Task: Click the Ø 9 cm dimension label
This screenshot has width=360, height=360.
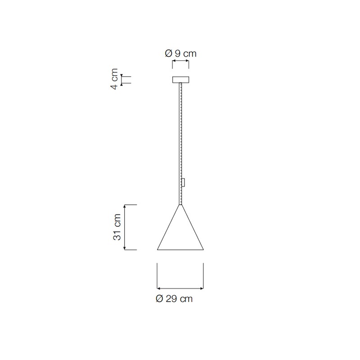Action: [181, 54]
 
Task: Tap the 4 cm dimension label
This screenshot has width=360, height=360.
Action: [114, 79]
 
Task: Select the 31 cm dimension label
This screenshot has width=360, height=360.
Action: [117, 227]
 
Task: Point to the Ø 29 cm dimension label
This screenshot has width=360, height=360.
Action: [174, 299]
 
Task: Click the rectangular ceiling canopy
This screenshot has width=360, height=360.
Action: [181, 80]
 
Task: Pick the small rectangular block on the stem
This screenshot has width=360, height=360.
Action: [183, 182]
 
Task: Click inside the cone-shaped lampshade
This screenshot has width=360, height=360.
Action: [180, 237]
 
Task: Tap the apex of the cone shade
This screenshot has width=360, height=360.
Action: [180, 204]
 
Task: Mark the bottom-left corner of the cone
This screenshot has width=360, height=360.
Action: [157, 250]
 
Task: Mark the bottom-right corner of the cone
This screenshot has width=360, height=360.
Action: [204, 250]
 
